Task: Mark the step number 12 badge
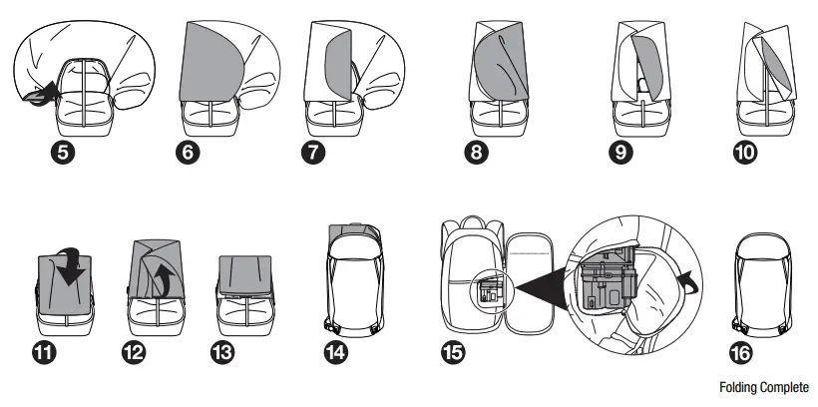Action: point(140,351)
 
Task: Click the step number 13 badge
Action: point(226,351)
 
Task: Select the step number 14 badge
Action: point(336,351)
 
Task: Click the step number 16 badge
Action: point(742,351)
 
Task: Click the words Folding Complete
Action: point(763,387)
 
